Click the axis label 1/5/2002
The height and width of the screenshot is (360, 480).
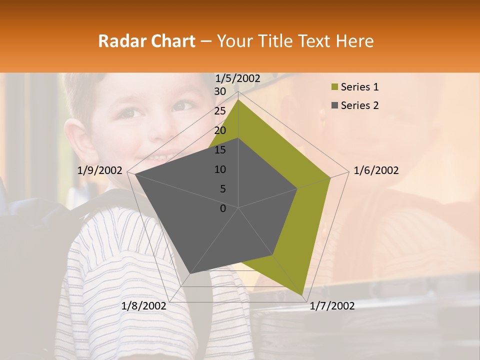click(x=238, y=78)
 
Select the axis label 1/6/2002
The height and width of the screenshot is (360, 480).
click(x=376, y=170)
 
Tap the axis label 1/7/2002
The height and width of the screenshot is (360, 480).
click(x=332, y=306)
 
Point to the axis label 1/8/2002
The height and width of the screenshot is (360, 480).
click(x=144, y=306)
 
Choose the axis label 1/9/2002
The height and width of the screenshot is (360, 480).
click(x=100, y=170)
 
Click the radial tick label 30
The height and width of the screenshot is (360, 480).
click(x=220, y=91)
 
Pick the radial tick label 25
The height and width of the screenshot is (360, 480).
click(x=220, y=111)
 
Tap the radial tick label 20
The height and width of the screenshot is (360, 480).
click(x=220, y=130)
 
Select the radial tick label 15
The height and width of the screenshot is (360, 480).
click(x=220, y=150)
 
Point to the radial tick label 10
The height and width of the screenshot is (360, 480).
click(x=220, y=169)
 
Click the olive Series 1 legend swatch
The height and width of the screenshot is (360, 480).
click(x=333, y=87)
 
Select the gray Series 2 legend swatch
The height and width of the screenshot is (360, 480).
click(x=333, y=105)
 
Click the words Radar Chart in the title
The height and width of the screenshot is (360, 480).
click(x=146, y=41)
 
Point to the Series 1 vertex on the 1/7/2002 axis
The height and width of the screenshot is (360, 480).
click(x=302, y=295)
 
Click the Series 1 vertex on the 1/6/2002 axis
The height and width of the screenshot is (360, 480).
click(x=330, y=177)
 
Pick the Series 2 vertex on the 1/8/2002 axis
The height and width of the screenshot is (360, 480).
click(x=190, y=274)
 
